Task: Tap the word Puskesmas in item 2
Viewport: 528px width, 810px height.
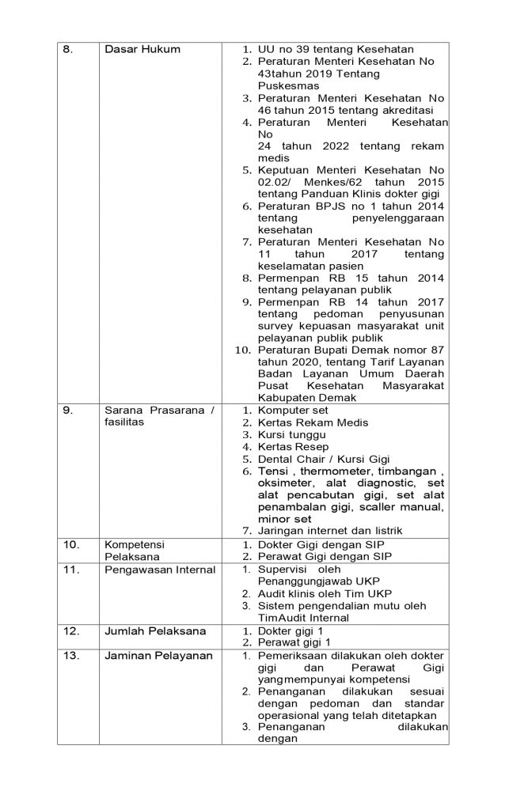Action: pos(283,85)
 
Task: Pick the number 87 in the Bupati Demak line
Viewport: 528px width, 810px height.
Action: pos(436,350)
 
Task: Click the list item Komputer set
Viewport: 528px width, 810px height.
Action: pos(291,410)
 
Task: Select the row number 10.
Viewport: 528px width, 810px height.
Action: pos(71,544)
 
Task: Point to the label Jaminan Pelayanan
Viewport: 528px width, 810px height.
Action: pos(154,656)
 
